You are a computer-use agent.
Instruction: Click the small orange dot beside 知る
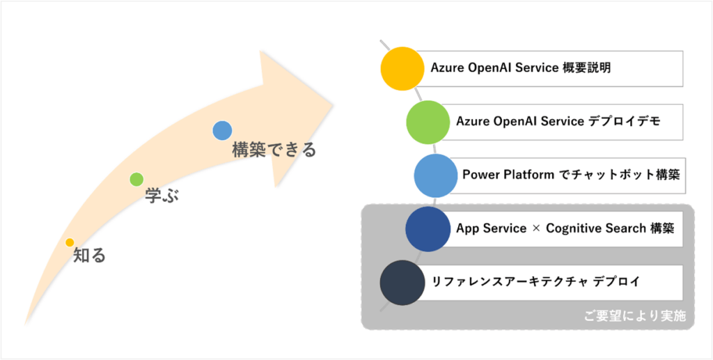[x=70, y=242]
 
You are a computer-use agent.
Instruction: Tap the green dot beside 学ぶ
[x=136, y=179]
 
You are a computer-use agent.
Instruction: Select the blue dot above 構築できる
[x=222, y=130]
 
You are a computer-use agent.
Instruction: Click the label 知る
[x=90, y=256]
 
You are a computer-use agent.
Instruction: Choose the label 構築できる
[x=274, y=150]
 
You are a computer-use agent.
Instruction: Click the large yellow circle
[x=402, y=69]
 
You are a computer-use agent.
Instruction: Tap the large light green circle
[x=428, y=122]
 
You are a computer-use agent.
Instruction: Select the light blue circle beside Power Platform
[x=436, y=175]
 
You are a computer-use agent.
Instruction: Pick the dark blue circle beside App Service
[x=428, y=228]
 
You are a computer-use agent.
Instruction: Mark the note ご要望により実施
[x=635, y=317]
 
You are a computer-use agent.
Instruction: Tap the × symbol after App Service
[x=536, y=229]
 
